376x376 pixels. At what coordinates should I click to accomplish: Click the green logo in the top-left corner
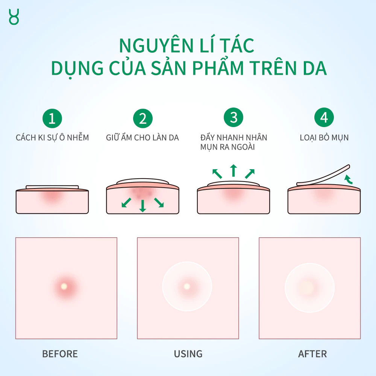pyautogui.click(x=14, y=17)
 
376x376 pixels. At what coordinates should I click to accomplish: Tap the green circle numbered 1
pyautogui.click(x=52, y=118)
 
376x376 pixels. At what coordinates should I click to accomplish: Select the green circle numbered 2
pyautogui.click(x=143, y=118)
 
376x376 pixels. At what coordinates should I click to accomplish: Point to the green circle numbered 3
pyautogui.click(x=233, y=117)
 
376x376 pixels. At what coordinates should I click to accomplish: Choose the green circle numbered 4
pyautogui.click(x=324, y=117)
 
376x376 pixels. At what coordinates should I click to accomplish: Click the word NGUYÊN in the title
pyautogui.click(x=156, y=45)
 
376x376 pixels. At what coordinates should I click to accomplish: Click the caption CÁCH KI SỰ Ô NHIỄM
pyautogui.click(x=52, y=137)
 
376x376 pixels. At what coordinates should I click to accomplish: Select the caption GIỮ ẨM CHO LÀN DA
pyautogui.click(x=143, y=137)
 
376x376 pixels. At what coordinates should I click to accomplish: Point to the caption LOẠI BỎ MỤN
pyautogui.click(x=324, y=138)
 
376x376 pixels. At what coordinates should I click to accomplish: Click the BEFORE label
pyautogui.click(x=60, y=354)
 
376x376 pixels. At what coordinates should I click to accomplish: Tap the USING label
pyautogui.click(x=188, y=354)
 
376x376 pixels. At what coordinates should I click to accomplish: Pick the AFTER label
pyautogui.click(x=312, y=354)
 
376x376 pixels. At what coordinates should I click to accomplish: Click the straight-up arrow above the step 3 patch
pyautogui.click(x=233, y=170)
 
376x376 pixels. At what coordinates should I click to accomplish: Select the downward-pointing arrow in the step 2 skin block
pyautogui.click(x=143, y=206)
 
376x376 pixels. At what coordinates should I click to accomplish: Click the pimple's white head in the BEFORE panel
pyautogui.click(x=64, y=286)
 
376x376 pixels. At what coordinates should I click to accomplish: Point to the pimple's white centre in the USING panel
pyautogui.click(x=186, y=286)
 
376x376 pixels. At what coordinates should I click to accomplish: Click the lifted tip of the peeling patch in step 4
pyautogui.click(x=349, y=166)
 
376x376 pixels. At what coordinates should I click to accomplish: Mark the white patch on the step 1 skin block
pyautogui.click(x=52, y=187)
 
